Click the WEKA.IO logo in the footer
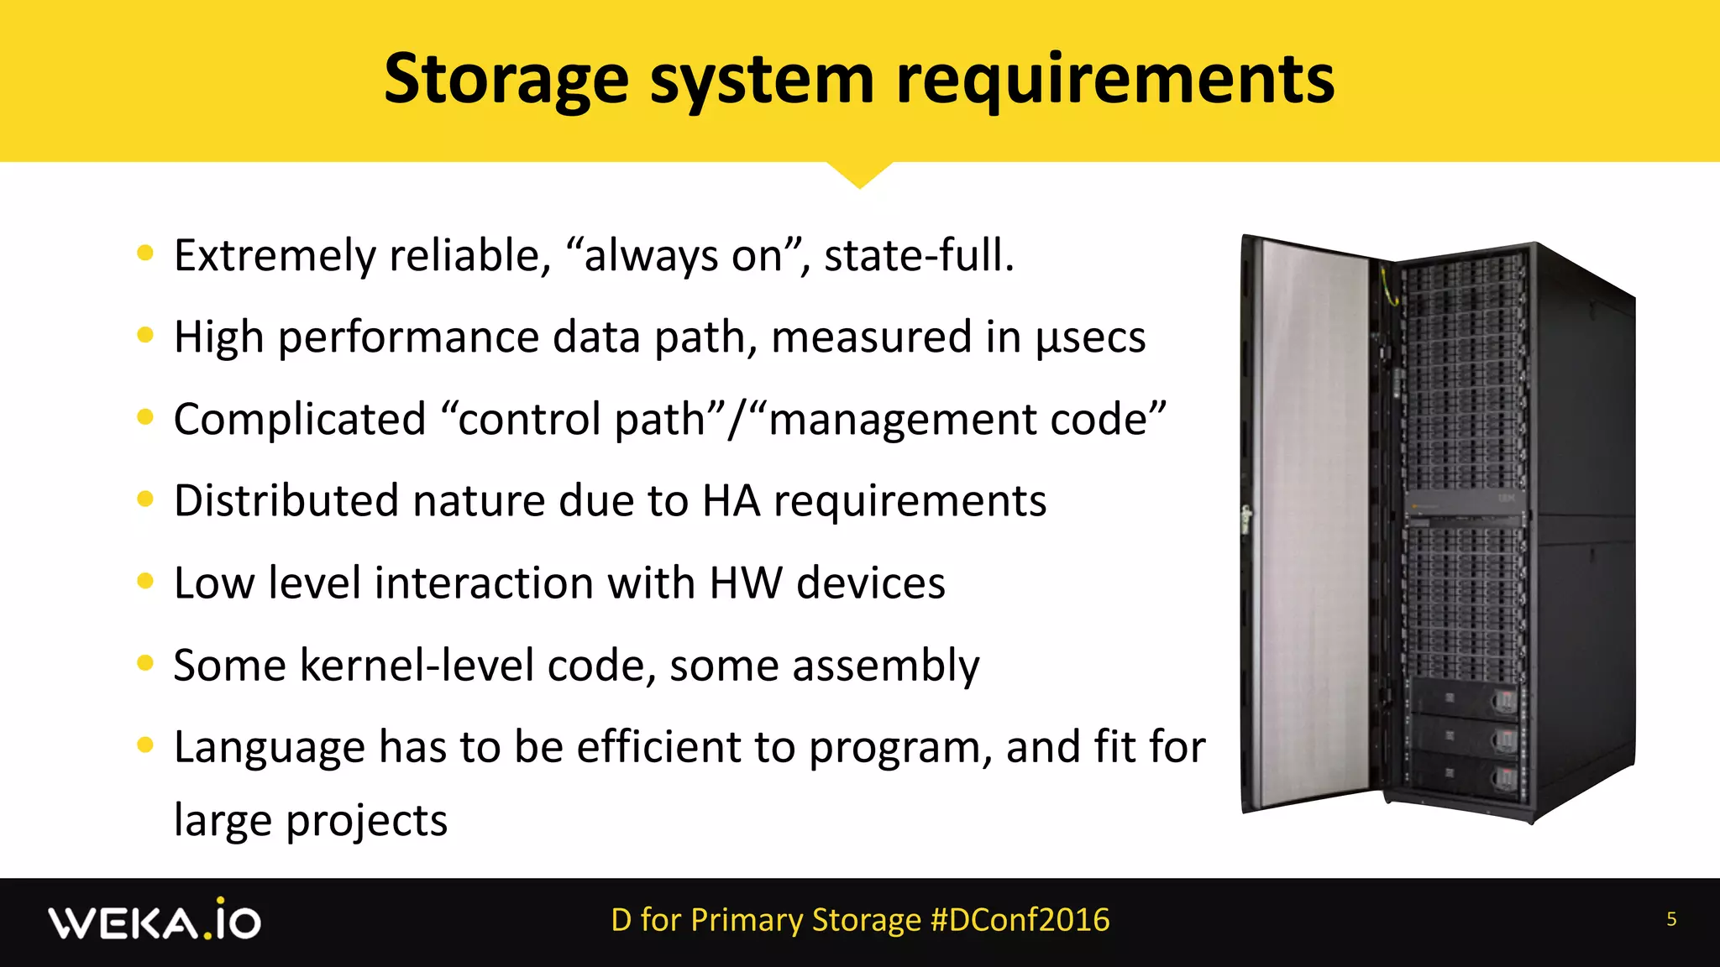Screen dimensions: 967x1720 tap(155, 921)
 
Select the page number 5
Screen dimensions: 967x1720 tap(1671, 919)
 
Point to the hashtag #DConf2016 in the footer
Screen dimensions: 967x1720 tap(1020, 920)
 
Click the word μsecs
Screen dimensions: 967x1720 tap(1090, 337)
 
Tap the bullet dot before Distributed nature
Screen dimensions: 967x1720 tap(145, 499)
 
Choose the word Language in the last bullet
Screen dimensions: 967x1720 tap(269, 747)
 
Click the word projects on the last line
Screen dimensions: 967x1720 tap(366, 821)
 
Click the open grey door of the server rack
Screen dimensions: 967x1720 tap(1310, 520)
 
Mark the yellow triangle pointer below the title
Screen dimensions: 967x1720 tap(859, 174)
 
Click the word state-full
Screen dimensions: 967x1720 tap(919, 256)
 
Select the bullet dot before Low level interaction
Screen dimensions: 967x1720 tap(145, 582)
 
